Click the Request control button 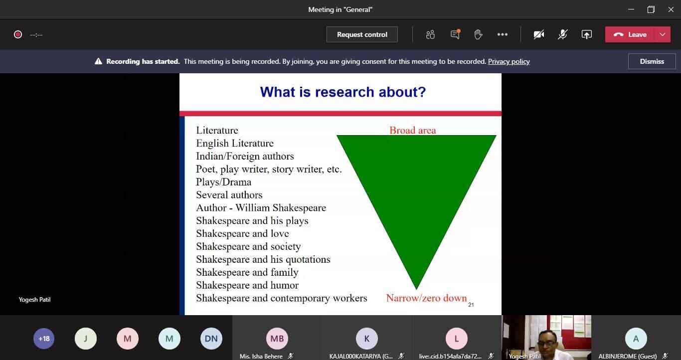(x=362, y=35)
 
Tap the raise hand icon (x=478, y=35)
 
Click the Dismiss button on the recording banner (x=652, y=61)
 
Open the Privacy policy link (x=509, y=61)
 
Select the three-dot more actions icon (x=502, y=35)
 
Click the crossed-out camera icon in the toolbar (x=539, y=35)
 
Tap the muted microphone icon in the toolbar (x=562, y=35)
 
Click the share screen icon (x=586, y=35)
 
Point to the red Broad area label (x=413, y=131)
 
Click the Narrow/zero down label (x=426, y=298)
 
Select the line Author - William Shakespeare (x=261, y=207)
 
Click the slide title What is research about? (x=342, y=92)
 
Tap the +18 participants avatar (x=44, y=339)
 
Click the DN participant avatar (x=211, y=339)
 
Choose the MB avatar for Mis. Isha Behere (x=277, y=339)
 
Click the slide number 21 (x=471, y=305)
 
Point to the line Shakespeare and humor (x=247, y=285)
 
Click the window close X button (x=671, y=9)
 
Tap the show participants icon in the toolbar (x=430, y=35)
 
